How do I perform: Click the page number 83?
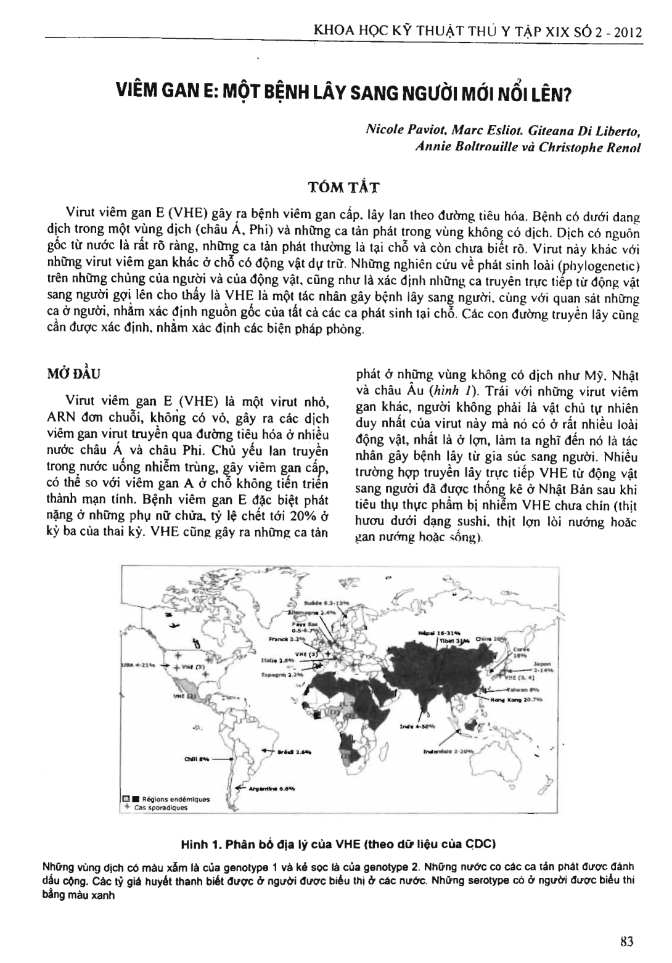pyautogui.click(x=628, y=941)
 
